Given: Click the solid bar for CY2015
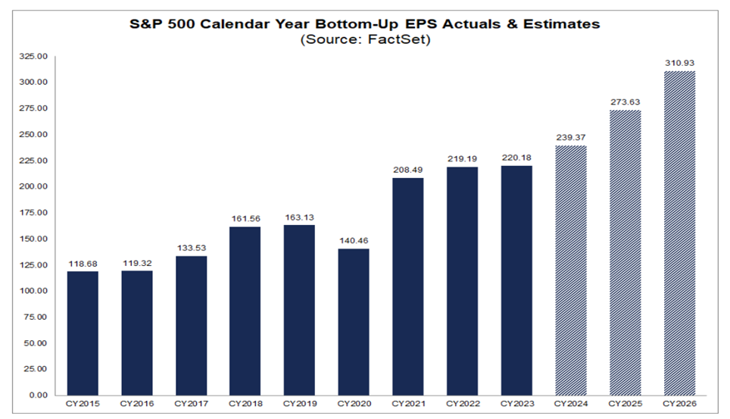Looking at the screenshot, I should (83, 333).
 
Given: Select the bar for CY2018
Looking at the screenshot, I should (245, 311).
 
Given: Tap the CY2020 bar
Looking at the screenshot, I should (353, 321).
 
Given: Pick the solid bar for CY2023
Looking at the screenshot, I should (516, 280).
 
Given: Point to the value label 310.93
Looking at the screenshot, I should (679, 63).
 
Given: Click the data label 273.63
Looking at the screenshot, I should (624, 102).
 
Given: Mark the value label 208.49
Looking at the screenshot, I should (407, 170).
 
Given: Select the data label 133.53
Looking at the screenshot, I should (191, 249).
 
